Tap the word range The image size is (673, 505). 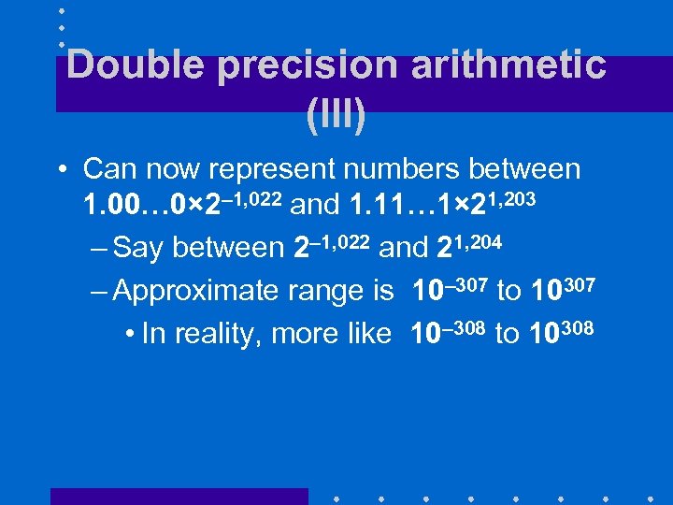[313, 292]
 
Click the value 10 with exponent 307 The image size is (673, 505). [547, 292]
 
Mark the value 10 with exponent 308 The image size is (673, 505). [546, 334]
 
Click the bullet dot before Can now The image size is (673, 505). [61, 171]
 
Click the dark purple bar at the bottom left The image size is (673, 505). [178, 497]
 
